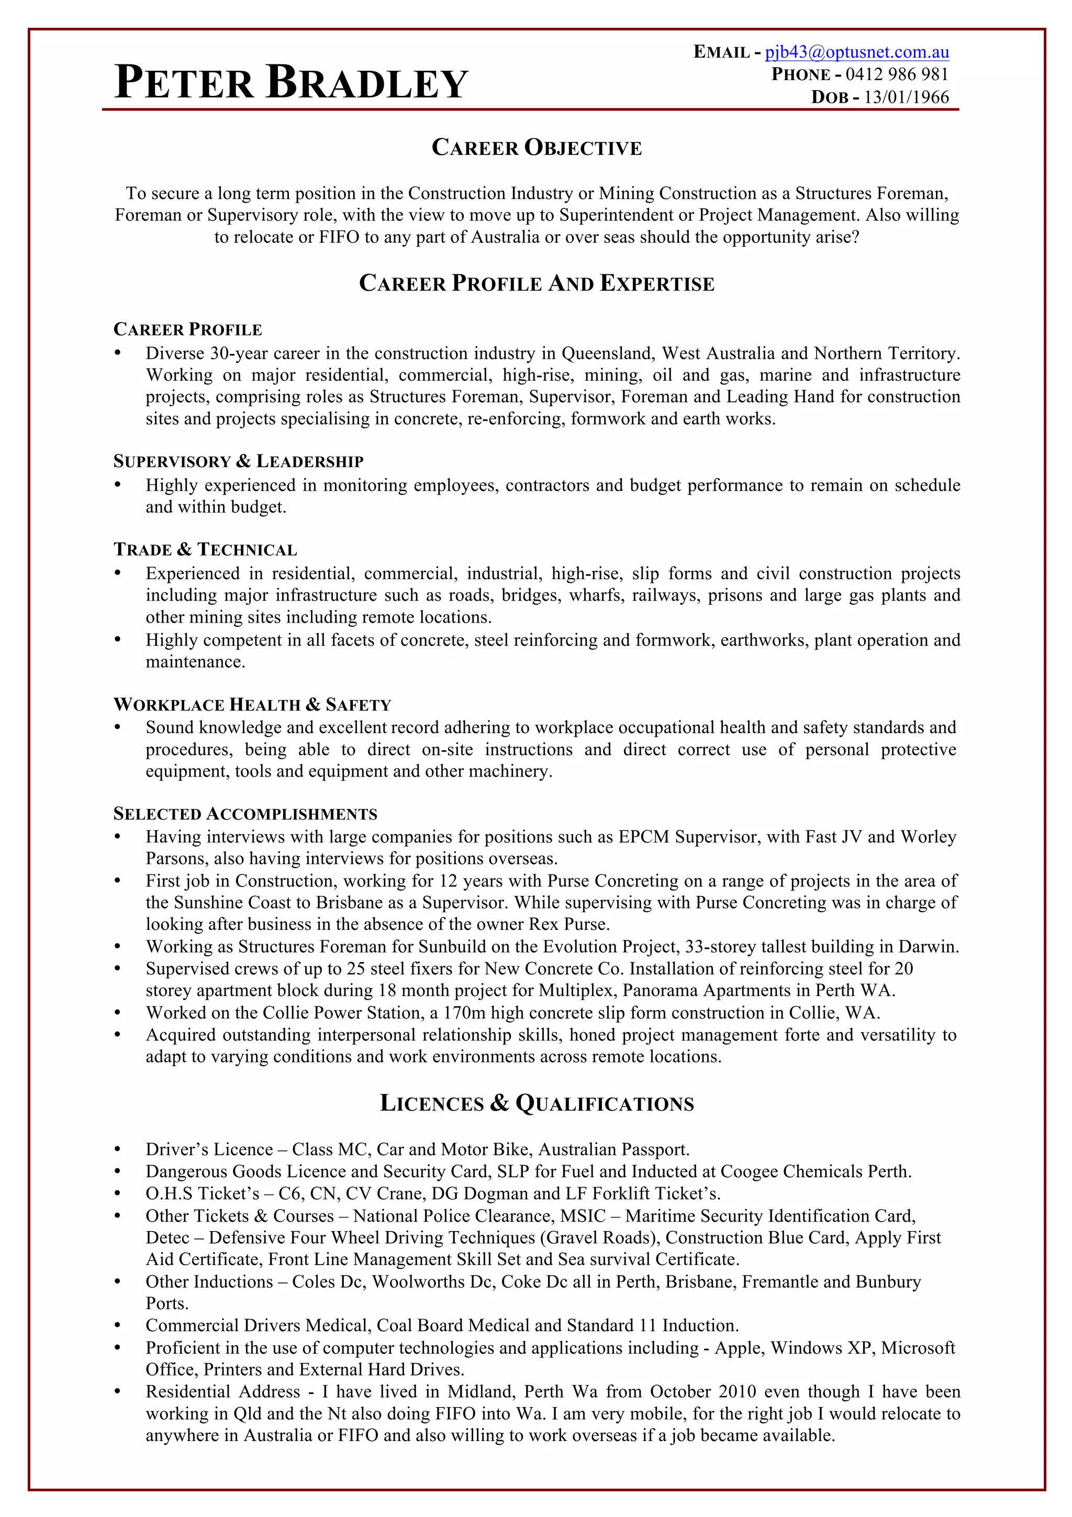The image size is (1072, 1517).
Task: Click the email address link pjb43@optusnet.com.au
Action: click(857, 52)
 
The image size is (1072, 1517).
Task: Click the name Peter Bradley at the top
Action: click(291, 83)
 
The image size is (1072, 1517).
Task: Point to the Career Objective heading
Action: click(537, 147)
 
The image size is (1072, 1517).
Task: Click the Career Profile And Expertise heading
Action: click(537, 283)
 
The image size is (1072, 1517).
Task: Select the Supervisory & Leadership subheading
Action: click(239, 461)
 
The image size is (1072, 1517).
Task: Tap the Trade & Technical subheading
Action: click(205, 550)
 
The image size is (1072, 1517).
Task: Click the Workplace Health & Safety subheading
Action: click(252, 704)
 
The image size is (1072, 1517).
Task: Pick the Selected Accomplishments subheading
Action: click(245, 814)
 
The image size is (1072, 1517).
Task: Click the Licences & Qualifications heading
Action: click(537, 1103)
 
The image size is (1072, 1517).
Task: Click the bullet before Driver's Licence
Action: click(118, 1149)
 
